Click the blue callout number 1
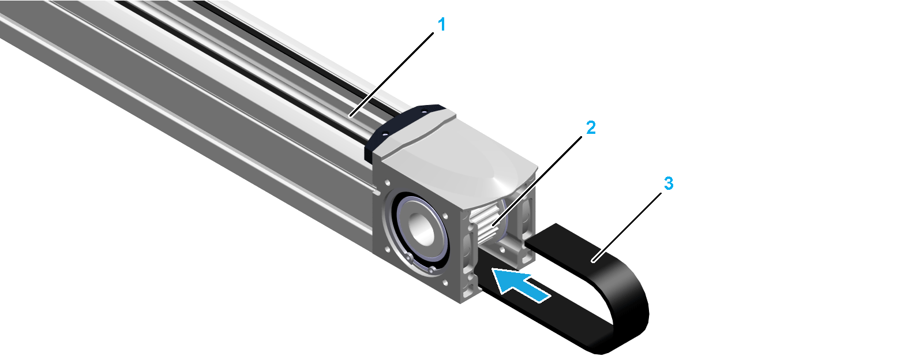click(x=442, y=25)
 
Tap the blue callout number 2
click(x=591, y=127)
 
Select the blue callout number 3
click(x=669, y=183)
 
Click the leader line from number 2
click(x=537, y=181)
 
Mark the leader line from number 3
click(x=626, y=227)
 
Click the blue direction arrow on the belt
click(x=521, y=284)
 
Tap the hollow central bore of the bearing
click(x=421, y=230)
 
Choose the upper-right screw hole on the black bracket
click(x=424, y=109)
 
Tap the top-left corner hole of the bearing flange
click(x=387, y=182)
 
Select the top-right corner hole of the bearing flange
click(x=445, y=215)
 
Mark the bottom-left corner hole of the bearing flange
click(x=387, y=249)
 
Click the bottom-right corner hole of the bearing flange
click(x=445, y=283)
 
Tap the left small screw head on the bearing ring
click(x=409, y=257)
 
